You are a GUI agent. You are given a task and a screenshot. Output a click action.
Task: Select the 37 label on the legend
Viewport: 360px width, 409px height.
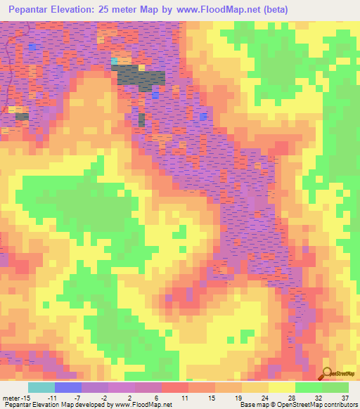[345, 398]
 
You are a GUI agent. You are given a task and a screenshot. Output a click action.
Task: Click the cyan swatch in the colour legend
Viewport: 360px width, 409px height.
[41, 387]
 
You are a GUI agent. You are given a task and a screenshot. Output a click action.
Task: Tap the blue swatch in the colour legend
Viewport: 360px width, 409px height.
[67, 387]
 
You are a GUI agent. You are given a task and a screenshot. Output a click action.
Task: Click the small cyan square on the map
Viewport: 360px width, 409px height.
[114, 61]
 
